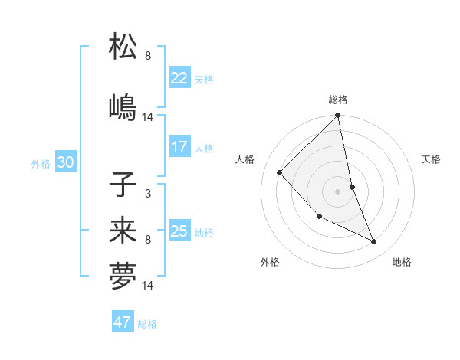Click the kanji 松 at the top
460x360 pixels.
pyautogui.click(x=123, y=47)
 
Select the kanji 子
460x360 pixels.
pyautogui.click(x=123, y=185)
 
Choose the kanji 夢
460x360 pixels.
pyautogui.click(x=123, y=277)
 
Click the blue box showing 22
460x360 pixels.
pyautogui.click(x=179, y=78)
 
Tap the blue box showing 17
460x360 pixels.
pyautogui.click(x=179, y=147)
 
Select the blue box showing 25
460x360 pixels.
pyautogui.click(x=179, y=231)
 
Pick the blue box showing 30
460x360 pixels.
pyautogui.click(x=65, y=162)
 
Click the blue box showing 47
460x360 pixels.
pyautogui.click(x=123, y=322)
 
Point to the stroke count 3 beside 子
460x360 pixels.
pyautogui.click(x=147, y=194)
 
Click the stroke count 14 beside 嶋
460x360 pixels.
pyautogui.click(x=148, y=117)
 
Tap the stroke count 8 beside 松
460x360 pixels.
pyautogui.click(x=147, y=56)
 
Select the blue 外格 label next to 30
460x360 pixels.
pyautogui.click(x=41, y=163)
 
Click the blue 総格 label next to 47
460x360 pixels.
pyautogui.click(x=147, y=324)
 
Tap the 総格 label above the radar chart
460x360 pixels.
pyautogui.click(x=338, y=100)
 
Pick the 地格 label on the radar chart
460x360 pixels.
pyautogui.click(x=402, y=263)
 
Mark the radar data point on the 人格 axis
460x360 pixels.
pyautogui.click(x=280, y=172)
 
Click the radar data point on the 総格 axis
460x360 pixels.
pyautogui.click(x=338, y=116)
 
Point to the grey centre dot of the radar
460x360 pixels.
pyautogui.click(x=338, y=191)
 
